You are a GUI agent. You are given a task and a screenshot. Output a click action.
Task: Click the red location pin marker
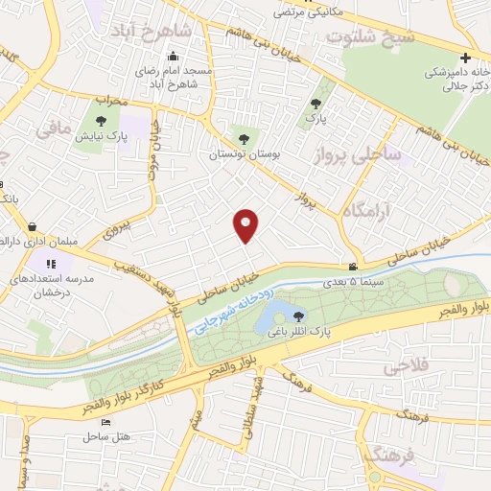[246, 224]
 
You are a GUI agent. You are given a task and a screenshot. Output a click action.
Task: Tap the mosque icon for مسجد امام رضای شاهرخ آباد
[172, 55]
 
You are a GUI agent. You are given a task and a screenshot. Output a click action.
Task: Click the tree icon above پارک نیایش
[101, 121]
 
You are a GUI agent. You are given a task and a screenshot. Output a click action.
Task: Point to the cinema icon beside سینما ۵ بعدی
[353, 266]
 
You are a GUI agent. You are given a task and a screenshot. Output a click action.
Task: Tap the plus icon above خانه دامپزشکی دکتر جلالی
[465, 58]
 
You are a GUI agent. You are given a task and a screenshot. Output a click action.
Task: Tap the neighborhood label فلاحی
[404, 368]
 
